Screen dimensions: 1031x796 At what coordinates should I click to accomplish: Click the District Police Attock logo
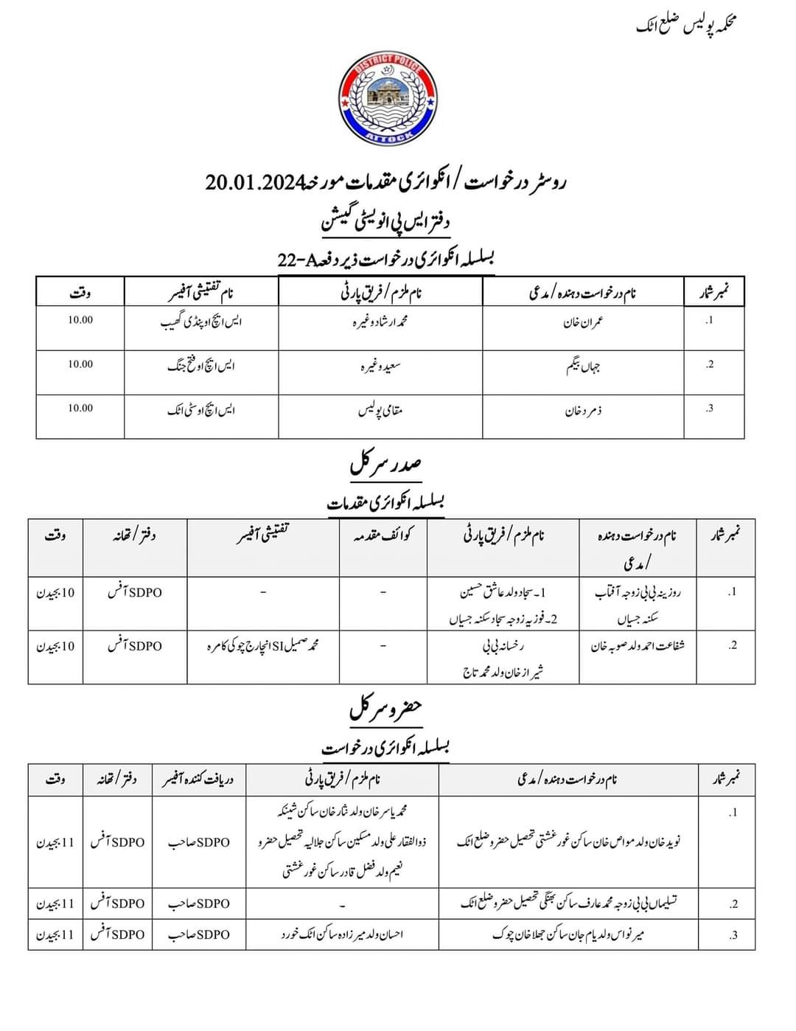388,100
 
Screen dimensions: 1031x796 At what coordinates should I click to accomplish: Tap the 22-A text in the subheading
293,259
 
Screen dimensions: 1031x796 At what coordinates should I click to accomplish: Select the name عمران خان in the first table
584,322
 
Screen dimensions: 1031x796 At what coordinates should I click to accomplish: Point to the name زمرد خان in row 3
583,410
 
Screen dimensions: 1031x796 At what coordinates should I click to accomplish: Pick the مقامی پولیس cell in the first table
380,410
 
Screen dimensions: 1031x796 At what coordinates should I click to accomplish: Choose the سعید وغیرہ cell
380,366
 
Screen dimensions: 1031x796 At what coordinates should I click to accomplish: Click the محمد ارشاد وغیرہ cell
380,322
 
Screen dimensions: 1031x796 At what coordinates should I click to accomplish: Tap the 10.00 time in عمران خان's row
80,320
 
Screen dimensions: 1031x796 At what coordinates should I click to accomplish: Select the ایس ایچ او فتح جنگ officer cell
201,366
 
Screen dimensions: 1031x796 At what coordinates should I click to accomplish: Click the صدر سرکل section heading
385,466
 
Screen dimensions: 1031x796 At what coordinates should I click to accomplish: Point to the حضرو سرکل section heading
385,709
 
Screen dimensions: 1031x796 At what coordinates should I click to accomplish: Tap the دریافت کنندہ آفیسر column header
198,779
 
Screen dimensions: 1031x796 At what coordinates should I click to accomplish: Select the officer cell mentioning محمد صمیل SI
263,646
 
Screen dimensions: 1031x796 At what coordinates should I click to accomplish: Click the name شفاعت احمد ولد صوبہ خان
638,646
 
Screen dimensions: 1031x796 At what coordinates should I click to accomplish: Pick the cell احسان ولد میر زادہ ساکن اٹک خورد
342,934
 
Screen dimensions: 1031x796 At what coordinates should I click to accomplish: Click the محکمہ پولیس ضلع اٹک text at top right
686,25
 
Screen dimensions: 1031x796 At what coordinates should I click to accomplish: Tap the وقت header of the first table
80,293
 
